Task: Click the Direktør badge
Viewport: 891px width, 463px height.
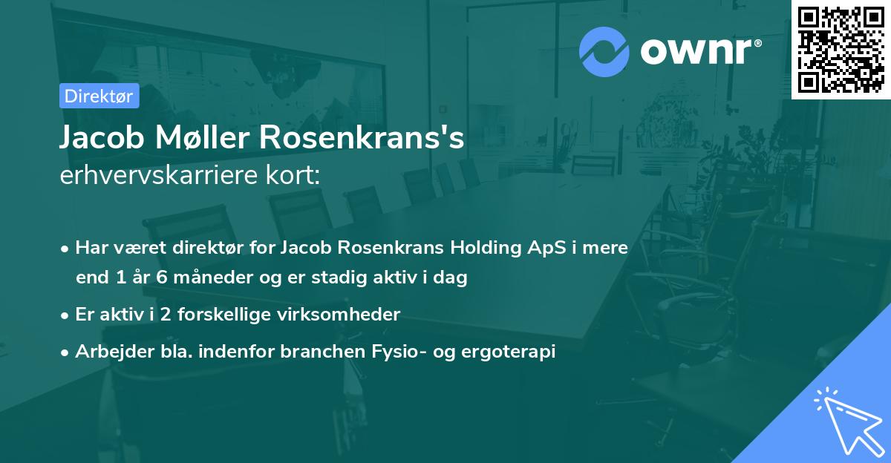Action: click(99, 96)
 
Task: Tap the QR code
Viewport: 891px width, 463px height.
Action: click(841, 49)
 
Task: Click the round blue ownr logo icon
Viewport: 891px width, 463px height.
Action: click(604, 51)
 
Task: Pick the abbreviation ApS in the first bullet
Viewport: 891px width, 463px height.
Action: click(528, 248)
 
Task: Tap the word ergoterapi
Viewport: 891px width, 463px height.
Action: click(516, 352)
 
